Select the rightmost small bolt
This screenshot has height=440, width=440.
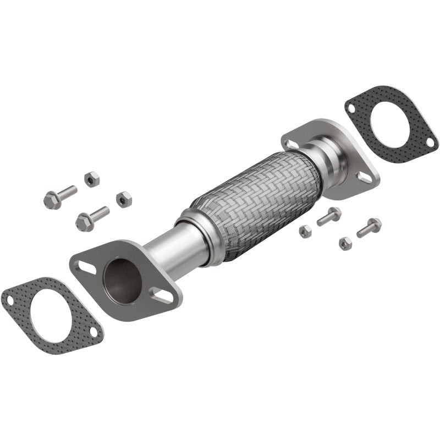click(369, 226)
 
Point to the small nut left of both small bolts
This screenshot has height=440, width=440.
click(306, 231)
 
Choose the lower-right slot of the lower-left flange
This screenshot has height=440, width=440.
click(163, 295)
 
